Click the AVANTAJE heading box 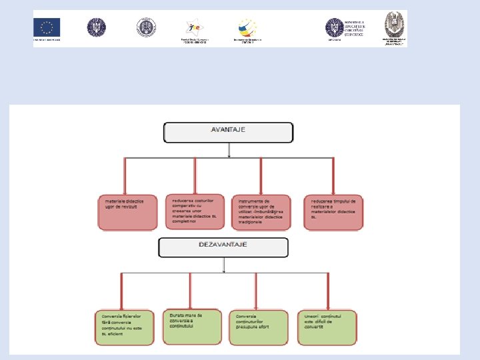229,132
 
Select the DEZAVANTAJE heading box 223,247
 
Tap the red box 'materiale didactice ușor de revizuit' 127,213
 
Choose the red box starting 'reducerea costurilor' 195,211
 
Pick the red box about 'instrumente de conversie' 261,213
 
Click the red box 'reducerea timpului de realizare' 333,213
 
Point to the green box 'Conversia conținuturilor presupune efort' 258,327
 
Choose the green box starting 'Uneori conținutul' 325,327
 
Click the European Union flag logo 47,27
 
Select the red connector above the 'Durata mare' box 190,291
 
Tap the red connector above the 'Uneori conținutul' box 327,291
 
